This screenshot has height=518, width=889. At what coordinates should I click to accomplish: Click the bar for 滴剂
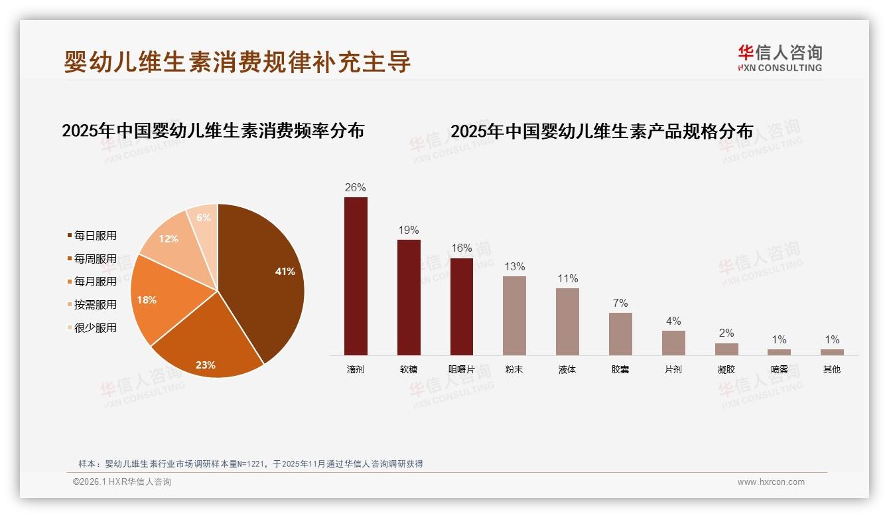click(x=356, y=276)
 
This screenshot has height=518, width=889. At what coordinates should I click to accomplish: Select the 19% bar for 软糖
click(x=409, y=297)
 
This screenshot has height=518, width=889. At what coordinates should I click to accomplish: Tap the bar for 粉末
click(x=514, y=315)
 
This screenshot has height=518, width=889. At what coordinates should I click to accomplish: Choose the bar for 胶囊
click(x=620, y=333)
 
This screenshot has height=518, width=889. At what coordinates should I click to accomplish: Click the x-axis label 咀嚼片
click(x=461, y=369)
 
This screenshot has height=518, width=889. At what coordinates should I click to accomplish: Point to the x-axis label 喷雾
click(x=779, y=369)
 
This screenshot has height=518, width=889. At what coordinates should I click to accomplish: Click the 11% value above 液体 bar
click(x=567, y=279)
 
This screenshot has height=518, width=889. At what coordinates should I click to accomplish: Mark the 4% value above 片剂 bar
click(x=673, y=321)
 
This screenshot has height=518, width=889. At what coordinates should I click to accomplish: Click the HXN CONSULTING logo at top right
click(x=780, y=58)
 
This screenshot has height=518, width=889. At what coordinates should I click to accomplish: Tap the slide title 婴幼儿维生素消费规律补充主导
click(x=238, y=62)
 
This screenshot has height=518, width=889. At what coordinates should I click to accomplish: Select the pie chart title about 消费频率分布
click(x=213, y=130)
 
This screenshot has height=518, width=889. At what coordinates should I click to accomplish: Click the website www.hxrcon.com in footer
click(x=771, y=482)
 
